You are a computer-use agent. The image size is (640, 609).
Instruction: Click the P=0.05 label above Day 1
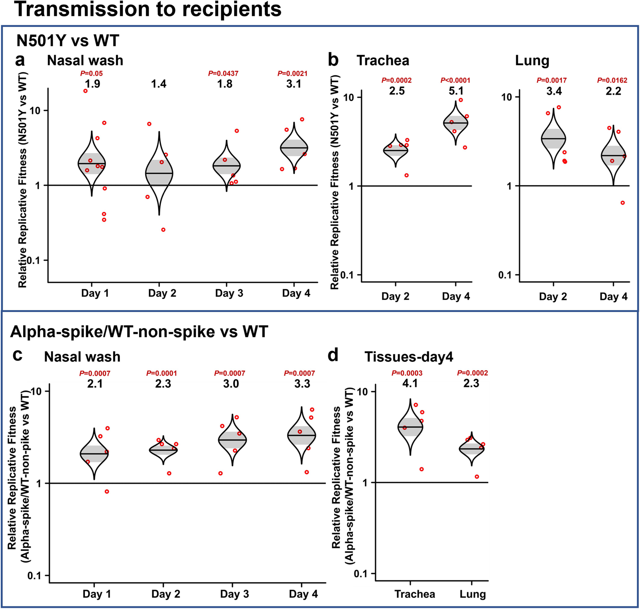[91, 74]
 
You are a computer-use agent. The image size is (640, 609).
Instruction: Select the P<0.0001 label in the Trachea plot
[455, 80]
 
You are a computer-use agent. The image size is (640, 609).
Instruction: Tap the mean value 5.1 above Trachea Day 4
[456, 91]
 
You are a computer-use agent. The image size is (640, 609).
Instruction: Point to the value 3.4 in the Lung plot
[554, 91]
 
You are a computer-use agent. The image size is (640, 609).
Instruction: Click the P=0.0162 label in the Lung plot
[612, 80]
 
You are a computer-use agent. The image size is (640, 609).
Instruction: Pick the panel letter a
[20, 60]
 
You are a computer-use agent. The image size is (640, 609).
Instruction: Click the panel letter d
[333, 356]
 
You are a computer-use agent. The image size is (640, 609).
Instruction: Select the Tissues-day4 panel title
[409, 357]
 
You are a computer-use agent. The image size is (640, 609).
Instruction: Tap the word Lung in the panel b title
[532, 61]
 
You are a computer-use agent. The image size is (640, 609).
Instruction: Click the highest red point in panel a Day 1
[85, 91]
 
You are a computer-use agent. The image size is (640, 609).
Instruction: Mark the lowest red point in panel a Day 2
[163, 230]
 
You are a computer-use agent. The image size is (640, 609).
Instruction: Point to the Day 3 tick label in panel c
[234, 594]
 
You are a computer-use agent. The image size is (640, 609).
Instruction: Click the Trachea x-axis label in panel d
[415, 594]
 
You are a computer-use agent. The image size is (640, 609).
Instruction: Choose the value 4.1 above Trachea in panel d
[410, 383]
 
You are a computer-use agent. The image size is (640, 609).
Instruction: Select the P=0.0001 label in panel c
[161, 373]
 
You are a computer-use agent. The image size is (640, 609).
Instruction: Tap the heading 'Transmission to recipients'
[148, 10]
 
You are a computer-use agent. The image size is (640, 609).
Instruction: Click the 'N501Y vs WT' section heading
[68, 41]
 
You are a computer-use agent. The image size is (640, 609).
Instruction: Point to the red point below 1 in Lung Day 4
[623, 203]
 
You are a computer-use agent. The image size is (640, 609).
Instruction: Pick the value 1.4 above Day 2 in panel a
[159, 84]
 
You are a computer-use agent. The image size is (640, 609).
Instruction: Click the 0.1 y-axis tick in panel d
[361, 574]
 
